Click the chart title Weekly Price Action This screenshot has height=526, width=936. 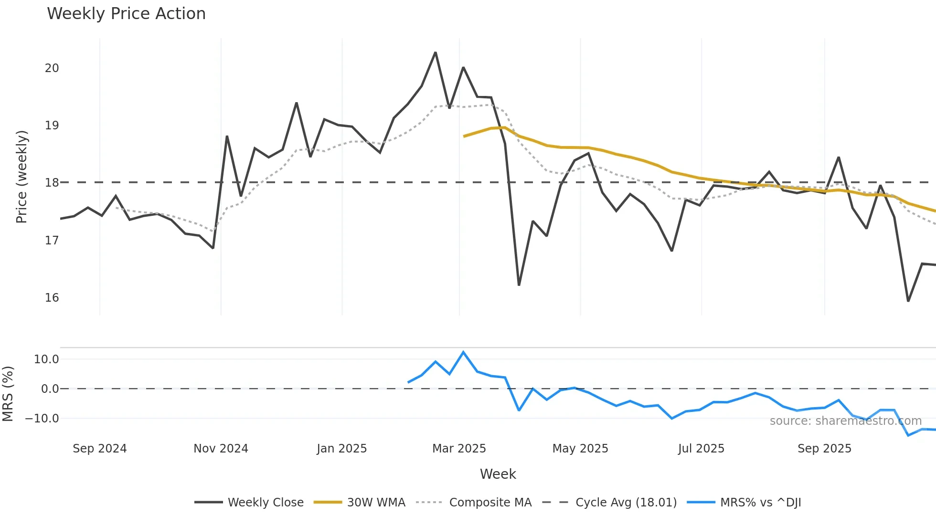(x=126, y=14)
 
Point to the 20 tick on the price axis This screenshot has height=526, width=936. (x=52, y=68)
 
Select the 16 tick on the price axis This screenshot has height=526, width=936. (x=52, y=298)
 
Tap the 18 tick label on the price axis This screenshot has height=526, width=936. (x=52, y=183)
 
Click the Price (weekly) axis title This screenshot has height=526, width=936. (x=22, y=177)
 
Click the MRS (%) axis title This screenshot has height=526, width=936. (x=8, y=394)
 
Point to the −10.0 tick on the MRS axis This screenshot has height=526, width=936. (x=42, y=419)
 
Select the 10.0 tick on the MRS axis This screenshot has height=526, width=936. (x=46, y=359)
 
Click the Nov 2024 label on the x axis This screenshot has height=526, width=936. (x=221, y=449)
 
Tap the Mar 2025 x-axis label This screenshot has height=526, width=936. (x=459, y=449)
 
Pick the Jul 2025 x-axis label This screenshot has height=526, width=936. (x=701, y=449)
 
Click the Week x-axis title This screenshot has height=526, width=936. (x=498, y=474)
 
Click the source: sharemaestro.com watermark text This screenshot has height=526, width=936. (x=845, y=421)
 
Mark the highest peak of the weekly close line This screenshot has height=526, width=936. (x=436, y=53)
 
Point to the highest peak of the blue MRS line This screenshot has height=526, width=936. (x=463, y=352)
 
